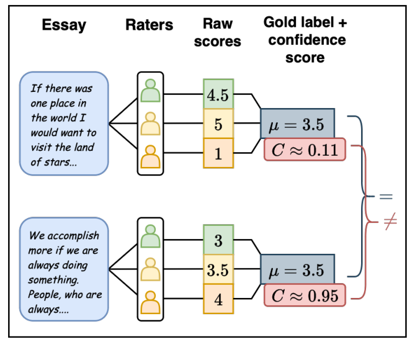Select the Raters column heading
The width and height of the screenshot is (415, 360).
149,25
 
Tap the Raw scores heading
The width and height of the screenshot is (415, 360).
218,33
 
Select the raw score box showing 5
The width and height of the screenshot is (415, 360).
218,124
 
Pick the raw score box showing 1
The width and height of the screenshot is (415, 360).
218,154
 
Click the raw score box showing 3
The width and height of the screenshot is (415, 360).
218,240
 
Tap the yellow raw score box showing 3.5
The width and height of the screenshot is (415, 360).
218,270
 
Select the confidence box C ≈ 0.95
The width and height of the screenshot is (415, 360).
304,295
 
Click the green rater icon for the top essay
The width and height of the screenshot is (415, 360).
150,91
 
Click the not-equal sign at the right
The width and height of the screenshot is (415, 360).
390,222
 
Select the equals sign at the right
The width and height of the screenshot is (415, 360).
386,196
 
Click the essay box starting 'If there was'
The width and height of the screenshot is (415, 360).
63,123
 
